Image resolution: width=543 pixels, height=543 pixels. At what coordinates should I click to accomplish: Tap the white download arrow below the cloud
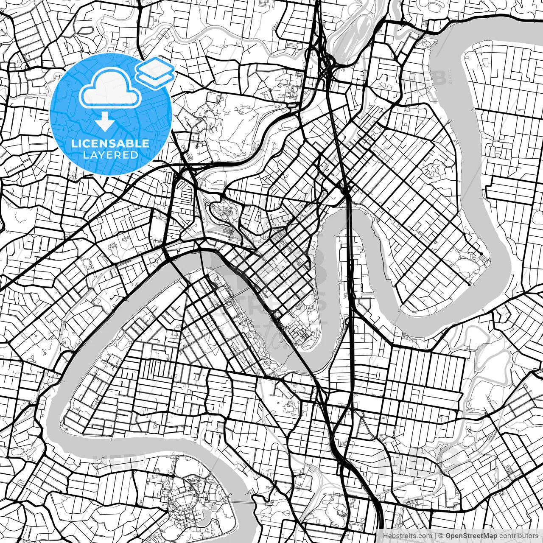(104, 122)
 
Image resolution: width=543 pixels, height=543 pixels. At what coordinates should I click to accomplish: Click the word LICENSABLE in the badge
(110, 143)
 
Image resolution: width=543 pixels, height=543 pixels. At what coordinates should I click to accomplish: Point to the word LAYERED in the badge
(110, 155)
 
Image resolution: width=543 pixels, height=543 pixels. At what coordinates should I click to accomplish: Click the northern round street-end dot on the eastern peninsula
(481, 254)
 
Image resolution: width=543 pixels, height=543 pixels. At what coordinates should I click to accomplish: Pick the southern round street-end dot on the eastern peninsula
(469, 285)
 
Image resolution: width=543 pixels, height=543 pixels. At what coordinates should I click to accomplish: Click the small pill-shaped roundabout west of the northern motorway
(292, 104)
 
